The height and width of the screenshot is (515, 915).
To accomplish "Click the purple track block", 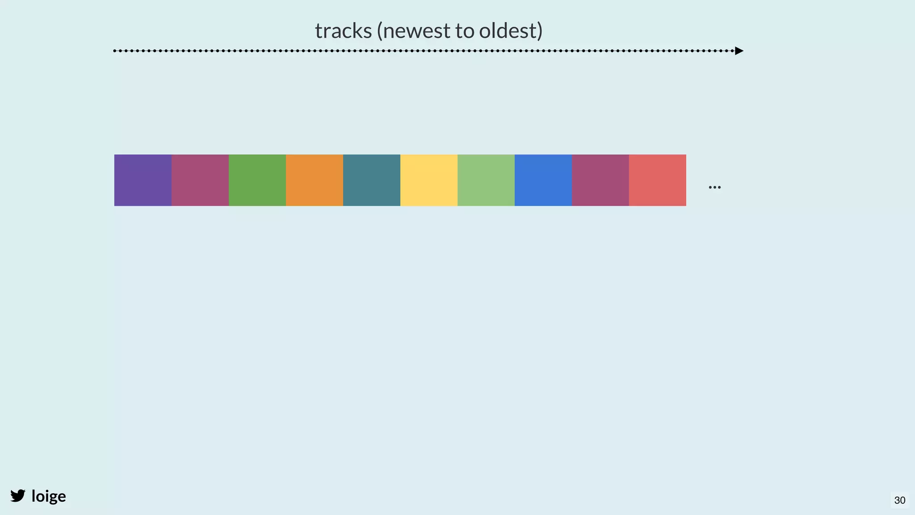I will (x=143, y=180).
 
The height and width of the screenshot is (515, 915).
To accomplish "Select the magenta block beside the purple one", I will (x=200, y=180).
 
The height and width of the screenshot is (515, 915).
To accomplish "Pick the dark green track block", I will (x=257, y=180).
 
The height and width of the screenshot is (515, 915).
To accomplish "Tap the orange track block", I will (x=315, y=180).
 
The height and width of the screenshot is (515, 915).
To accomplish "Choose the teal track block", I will (x=372, y=180).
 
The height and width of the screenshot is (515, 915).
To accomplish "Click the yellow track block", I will (x=429, y=180).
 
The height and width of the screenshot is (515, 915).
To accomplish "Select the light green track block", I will (x=486, y=180).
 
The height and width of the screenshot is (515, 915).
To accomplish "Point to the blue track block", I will (x=543, y=180).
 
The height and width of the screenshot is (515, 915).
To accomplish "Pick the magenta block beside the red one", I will (x=600, y=180).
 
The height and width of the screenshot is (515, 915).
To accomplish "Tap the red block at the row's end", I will (x=658, y=180).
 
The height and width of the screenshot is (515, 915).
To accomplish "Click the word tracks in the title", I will (x=343, y=31).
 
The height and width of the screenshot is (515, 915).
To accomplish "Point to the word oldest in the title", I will (x=508, y=31).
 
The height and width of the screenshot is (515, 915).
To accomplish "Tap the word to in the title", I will (x=465, y=31).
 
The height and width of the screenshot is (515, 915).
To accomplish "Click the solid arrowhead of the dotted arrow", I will (x=739, y=51).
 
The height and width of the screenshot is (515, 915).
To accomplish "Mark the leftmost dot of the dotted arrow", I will (x=115, y=51).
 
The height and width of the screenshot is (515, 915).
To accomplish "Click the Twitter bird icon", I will (x=18, y=496).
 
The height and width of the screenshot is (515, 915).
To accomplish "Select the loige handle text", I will (x=49, y=496).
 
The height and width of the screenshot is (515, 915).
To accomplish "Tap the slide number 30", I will (x=900, y=500).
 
